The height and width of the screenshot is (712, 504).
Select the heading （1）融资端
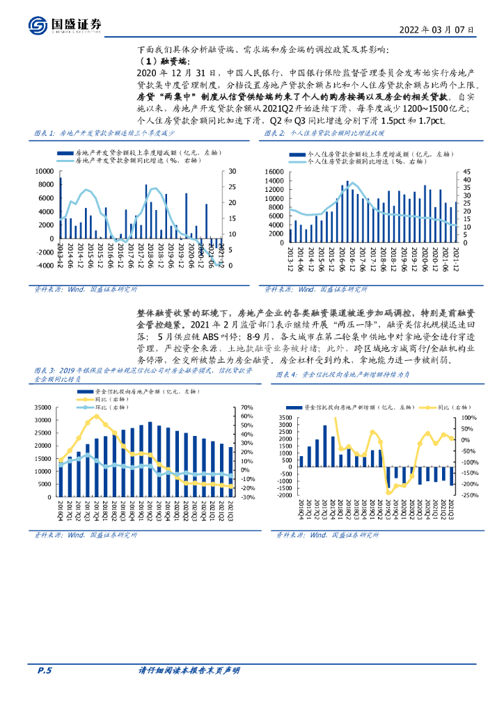pos(159,62)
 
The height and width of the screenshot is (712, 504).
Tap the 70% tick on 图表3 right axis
pos(247,407)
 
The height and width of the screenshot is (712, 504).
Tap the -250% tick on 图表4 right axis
pos(468,496)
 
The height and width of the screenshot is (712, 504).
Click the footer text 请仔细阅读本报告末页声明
pos(189,670)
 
